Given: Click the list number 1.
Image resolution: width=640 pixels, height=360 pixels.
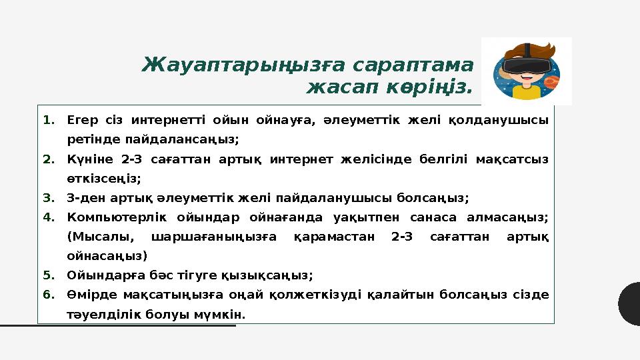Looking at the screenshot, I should click(x=49, y=121).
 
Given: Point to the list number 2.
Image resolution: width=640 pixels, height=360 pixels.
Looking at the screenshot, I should click(x=49, y=159).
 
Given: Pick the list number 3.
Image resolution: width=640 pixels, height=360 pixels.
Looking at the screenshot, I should click(x=49, y=198).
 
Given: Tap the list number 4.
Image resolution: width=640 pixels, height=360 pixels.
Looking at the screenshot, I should click(x=49, y=217).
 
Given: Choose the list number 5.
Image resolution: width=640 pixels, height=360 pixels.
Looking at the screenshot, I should click(x=49, y=275).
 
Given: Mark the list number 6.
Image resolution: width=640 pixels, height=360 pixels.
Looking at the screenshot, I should click(x=49, y=295).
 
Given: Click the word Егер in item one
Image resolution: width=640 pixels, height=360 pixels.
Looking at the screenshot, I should click(x=81, y=121).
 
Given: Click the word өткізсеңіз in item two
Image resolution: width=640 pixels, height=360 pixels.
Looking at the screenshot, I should click(x=104, y=179).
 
